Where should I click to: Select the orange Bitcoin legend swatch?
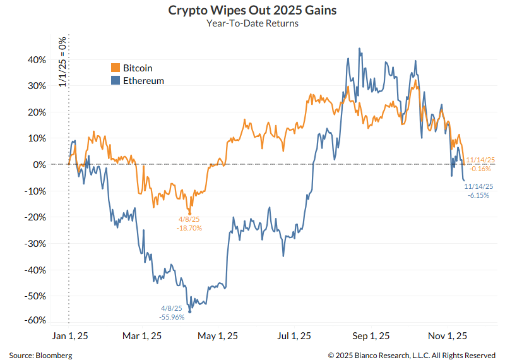[x=116, y=68]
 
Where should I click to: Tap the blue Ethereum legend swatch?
[x=116, y=81]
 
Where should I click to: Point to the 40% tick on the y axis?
[x=37, y=60]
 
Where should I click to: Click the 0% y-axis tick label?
[x=39, y=165]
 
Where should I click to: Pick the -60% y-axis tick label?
[x=35, y=321]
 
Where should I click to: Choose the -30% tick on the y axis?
[x=35, y=243]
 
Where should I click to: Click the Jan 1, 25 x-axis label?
[x=69, y=336]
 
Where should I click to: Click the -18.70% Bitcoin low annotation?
[x=189, y=227]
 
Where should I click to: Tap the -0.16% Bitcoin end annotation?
[x=481, y=169]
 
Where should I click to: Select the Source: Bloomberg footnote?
[x=40, y=355]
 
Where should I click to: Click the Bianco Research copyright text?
[x=412, y=355]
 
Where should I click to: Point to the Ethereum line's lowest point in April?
[x=189, y=311]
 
